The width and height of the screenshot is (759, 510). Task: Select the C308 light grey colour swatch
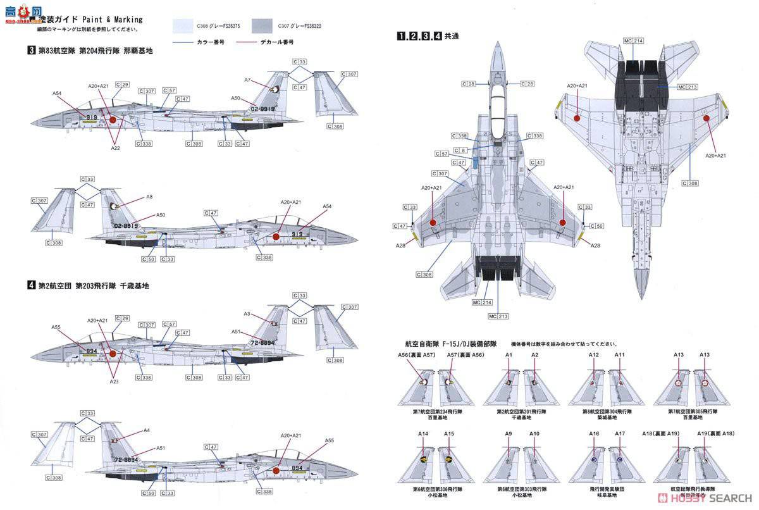(189, 26)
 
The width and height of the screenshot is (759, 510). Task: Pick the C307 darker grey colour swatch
(264, 26)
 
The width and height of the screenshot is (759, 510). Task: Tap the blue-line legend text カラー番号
(214, 42)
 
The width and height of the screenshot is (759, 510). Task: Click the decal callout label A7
(248, 80)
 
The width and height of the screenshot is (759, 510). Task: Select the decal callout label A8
(149, 197)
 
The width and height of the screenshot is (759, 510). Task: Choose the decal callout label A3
(247, 314)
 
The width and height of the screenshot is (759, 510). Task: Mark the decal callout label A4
(147, 430)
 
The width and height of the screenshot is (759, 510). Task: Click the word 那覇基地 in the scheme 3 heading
(139, 51)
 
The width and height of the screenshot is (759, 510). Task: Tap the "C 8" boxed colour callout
(462, 150)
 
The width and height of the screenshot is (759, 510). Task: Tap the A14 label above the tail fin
(423, 433)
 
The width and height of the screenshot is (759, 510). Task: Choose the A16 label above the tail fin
(594, 433)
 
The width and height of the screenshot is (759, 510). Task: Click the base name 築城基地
(606, 418)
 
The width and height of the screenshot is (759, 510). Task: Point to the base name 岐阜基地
(606, 497)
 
